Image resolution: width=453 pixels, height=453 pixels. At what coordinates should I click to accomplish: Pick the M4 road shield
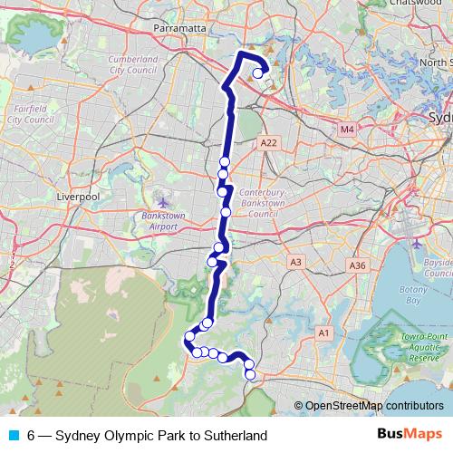click(x=347, y=130)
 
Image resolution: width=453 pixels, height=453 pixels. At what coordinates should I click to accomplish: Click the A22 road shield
click(x=267, y=143)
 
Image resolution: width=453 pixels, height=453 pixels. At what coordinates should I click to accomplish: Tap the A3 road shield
click(x=295, y=262)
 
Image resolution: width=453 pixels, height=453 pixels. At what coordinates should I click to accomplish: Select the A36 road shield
click(x=357, y=265)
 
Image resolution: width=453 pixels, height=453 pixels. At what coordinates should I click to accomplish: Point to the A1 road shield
click(x=323, y=334)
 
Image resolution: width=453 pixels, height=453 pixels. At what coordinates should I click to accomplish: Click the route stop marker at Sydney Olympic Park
click(x=258, y=74)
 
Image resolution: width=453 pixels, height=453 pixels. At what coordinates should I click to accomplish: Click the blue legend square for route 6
click(x=13, y=435)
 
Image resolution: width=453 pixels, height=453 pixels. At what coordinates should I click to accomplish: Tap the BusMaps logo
click(x=410, y=435)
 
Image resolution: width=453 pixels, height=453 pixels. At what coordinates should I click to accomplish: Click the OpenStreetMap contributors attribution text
click(x=373, y=406)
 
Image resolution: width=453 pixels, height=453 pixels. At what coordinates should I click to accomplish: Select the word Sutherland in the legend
click(x=236, y=436)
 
